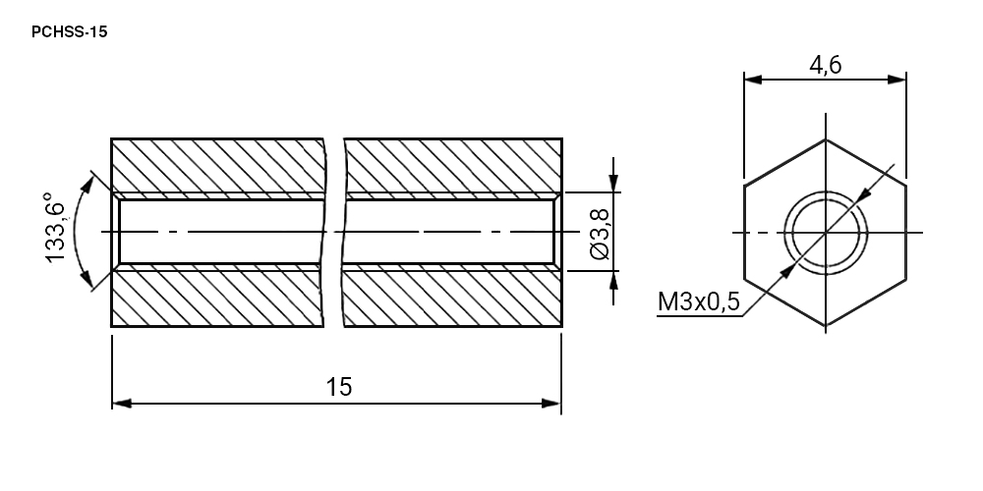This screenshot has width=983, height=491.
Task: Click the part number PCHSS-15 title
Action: coord(70,32)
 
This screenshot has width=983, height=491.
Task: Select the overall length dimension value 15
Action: coord(338,387)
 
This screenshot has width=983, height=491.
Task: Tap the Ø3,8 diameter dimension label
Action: coord(600,234)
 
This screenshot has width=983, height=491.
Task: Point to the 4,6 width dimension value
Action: coord(825,65)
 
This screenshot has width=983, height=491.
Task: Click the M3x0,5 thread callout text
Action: coord(698,301)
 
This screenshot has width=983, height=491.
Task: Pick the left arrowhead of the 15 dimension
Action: coord(122,404)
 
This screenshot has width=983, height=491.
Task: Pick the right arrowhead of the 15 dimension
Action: coord(551,404)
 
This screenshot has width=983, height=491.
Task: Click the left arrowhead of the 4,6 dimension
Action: coord(753,80)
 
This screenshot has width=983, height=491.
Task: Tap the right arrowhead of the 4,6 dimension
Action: coord(897,80)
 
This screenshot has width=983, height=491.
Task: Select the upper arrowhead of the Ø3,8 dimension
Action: coord(613,184)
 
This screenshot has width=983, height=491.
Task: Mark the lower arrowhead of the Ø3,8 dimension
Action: coord(613,280)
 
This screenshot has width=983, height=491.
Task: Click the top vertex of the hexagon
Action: coord(825,139)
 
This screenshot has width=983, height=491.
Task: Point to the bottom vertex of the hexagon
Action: coord(825,326)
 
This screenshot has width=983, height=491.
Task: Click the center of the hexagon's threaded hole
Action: coord(825,233)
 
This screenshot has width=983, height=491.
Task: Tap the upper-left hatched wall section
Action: coord(217,165)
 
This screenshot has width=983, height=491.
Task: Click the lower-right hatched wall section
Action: coord(452,299)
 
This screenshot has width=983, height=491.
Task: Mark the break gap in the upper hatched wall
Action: coord(334,165)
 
